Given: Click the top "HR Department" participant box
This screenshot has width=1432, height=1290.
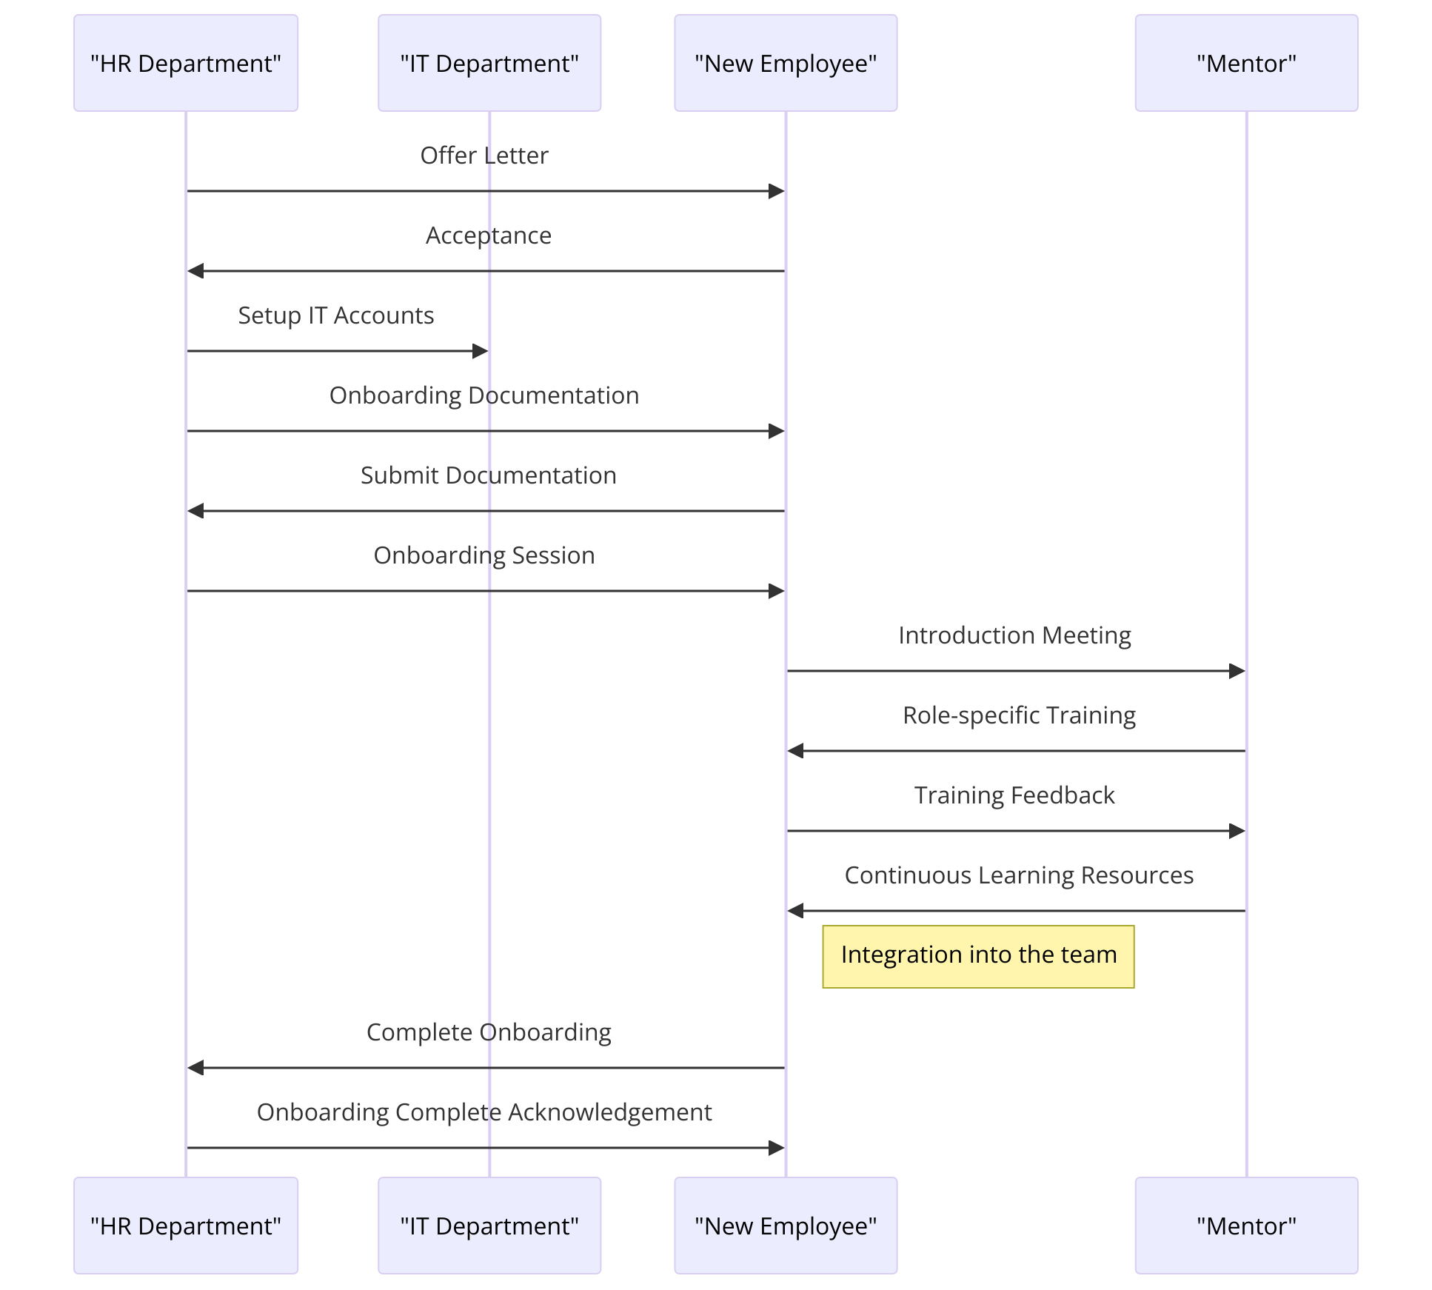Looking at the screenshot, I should pyautogui.click(x=185, y=63).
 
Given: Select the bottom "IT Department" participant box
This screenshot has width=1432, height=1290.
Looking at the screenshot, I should pyautogui.click(x=489, y=1226).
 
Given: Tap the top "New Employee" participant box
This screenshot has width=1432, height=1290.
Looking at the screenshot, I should pyautogui.click(x=785, y=63).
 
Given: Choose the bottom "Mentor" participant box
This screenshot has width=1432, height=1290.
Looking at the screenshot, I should pyautogui.click(x=1246, y=1226).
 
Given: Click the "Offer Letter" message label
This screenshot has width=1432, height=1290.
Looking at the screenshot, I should pyautogui.click(x=484, y=156).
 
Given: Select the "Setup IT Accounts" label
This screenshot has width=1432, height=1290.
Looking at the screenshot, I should pyautogui.click(x=335, y=315).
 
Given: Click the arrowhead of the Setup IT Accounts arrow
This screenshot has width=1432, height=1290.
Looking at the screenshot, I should pyautogui.click(x=481, y=351).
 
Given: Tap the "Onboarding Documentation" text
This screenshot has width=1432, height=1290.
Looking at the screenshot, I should pyautogui.click(x=484, y=395).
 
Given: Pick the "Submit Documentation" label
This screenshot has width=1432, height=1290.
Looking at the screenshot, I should pyautogui.click(x=488, y=475).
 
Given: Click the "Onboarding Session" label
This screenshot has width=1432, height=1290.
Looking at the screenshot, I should pyautogui.click(x=484, y=555).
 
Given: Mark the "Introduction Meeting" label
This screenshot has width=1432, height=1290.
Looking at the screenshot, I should pyautogui.click(x=1014, y=635).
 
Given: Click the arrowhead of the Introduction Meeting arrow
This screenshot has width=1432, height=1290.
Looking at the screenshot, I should pyautogui.click(x=1237, y=671).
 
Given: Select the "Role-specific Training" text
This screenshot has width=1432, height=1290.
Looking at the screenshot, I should pyautogui.click(x=1019, y=715).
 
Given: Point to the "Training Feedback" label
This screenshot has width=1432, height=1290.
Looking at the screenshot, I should pyautogui.click(x=1014, y=795).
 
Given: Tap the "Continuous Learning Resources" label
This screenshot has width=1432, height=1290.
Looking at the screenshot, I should pyautogui.click(x=1019, y=875).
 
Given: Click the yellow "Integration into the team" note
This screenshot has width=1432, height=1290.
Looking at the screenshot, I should pyautogui.click(x=978, y=956).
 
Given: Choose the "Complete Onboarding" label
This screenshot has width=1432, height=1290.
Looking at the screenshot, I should pyautogui.click(x=489, y=1032).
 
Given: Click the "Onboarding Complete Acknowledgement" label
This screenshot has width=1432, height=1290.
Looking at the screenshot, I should pyautogui.click(x=484, y=1112).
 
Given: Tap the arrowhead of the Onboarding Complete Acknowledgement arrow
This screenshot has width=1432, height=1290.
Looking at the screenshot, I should pyautogui.click(x=777, y=1148).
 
